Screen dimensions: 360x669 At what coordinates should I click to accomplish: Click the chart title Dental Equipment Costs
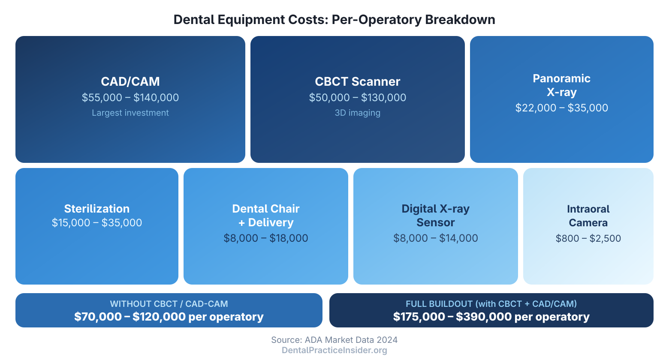coord(334,20)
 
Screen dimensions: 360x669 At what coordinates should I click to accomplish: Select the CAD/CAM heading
coord(130,81)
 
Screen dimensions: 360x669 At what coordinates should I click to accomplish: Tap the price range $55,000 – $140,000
coord(130,98)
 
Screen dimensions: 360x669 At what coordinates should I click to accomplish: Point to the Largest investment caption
coord(130,113)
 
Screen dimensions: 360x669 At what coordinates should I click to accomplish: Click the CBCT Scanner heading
coord(357,81)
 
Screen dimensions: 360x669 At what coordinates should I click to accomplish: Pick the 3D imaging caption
coord(357,113)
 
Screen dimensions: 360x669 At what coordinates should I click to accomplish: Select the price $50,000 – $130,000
coord(357,98)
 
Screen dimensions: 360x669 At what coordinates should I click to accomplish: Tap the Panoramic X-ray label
coord(561,85)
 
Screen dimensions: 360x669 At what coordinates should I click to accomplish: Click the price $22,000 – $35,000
coord(561,108)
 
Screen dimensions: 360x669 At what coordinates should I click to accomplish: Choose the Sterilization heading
coord(97,209)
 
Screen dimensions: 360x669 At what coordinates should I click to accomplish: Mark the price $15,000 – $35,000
coord(97,223)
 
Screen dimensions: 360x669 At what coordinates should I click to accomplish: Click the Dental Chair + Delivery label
coord(266,216)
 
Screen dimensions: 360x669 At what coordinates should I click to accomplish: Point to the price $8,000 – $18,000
coord(266,238)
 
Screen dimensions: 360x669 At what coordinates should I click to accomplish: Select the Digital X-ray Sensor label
coord(435,216)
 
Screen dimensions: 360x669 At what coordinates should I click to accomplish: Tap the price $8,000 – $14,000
coord(435,238)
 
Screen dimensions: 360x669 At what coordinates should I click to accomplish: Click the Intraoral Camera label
coord(588,216)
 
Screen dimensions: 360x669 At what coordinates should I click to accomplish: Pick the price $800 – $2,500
coord(588,238)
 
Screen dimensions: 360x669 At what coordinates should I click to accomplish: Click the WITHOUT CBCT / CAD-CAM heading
coord(169,304)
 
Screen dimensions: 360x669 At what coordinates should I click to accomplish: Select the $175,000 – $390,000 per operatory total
coord(491,317)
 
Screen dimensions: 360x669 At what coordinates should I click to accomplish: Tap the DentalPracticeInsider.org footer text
coord(334,351)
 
